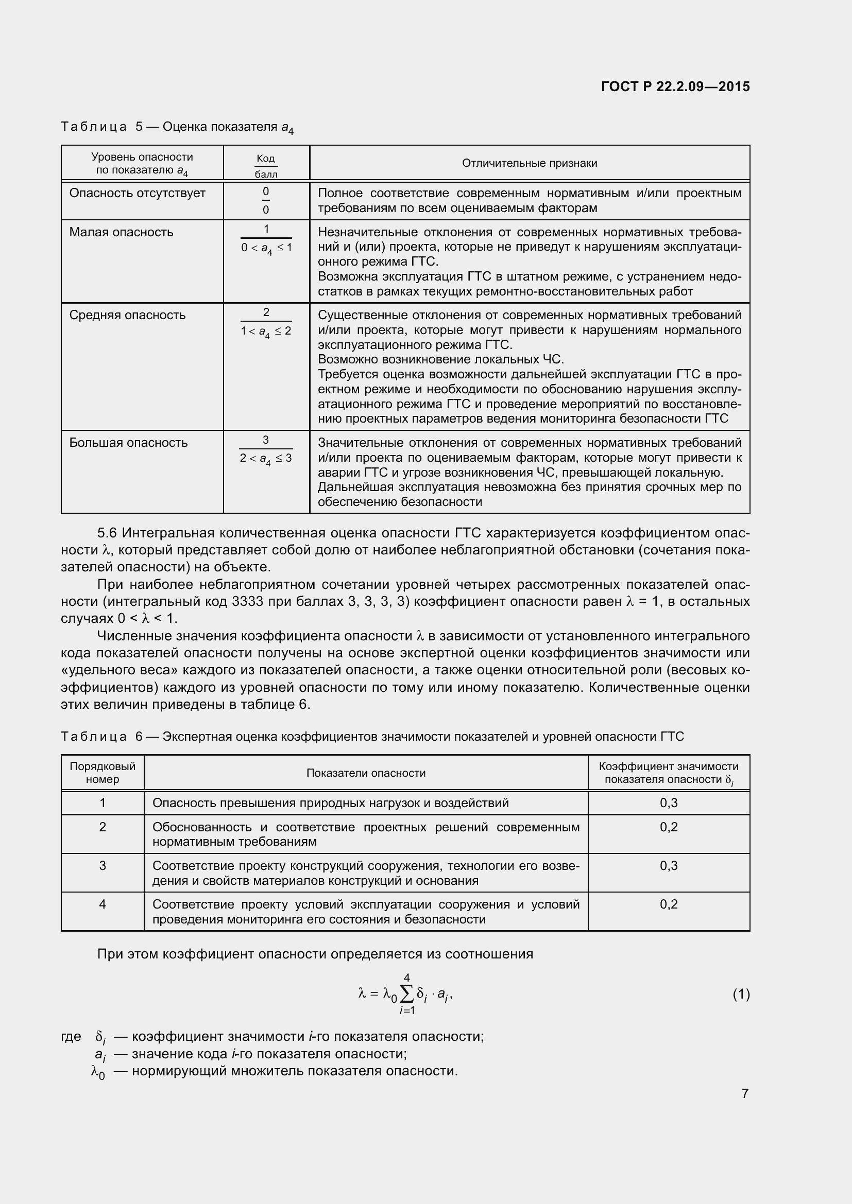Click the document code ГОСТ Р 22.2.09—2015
point(675,86)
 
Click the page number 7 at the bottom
point(745,1093)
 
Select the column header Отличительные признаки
point(530,163)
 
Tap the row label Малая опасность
point(121,232)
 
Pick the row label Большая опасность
point(129,443)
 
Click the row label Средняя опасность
point(127,315)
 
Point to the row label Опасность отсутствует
point(138,193)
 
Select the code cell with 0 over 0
point(266,201)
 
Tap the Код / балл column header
point(266,166)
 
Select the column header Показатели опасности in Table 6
point(366,773)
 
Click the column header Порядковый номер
point(103,773)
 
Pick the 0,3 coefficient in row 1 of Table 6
point(669,803)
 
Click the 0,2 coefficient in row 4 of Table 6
point(669,904)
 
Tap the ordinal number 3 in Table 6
point(103,865)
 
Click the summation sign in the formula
point(406,993)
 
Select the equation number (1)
point(741,994)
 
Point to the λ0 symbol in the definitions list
point(98,1072)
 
